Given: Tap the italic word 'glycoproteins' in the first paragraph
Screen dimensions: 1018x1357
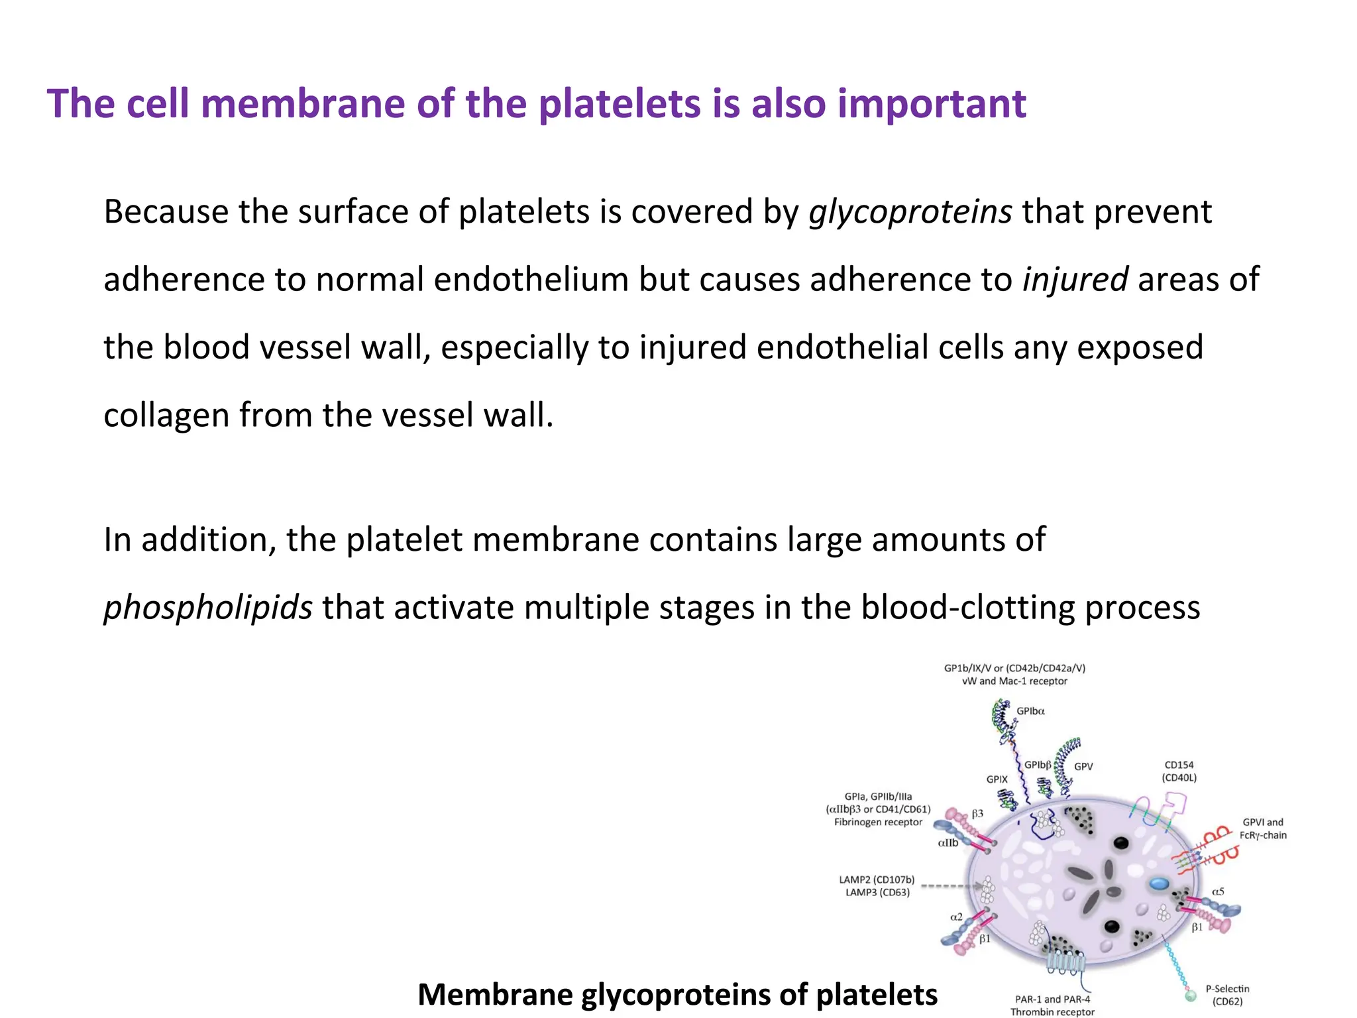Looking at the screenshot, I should coord(910,212).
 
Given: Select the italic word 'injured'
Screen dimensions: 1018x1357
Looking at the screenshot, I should coord(1075,280).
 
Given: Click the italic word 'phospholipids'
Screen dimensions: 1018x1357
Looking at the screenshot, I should coord(207,607).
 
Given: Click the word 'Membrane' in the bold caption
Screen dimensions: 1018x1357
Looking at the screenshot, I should coord(496,995).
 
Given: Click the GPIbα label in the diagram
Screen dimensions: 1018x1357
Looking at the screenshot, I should coord(1030,711).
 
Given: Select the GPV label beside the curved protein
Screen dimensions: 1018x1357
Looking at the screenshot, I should coord(1083,766).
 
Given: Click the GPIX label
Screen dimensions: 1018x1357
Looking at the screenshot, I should coord(997,779).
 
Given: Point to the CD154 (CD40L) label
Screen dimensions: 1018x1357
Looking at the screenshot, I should coord(1179,771).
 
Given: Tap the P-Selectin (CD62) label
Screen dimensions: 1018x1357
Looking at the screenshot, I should coord(1227,995).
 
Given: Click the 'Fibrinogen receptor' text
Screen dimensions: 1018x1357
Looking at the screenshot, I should coord(878,822).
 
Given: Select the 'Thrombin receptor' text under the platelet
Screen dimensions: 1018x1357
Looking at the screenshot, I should coord(1052,1011).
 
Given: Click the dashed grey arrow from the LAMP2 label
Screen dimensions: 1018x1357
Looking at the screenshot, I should coord(951,885).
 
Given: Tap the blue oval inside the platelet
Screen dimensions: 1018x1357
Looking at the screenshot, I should coord(1159,883).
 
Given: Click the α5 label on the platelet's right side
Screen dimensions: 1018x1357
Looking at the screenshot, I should coord(1218,891).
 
